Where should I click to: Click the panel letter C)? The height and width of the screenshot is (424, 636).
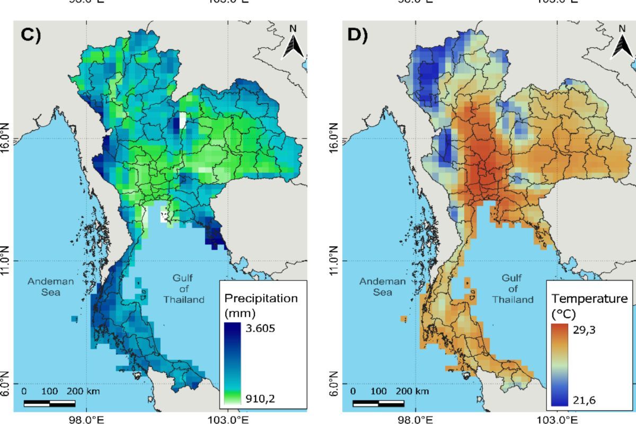click(x=30, y=35)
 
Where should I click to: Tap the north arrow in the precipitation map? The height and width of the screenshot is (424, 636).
click(x=293, y=42)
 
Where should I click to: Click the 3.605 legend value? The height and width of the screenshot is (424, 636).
click(x=261, y=328)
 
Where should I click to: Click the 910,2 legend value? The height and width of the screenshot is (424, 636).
click(x=261, y=399)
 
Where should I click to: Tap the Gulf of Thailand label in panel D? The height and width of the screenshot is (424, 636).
click(x=513, y=289)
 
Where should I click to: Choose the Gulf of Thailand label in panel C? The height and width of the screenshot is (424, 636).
click(x=184, y=289)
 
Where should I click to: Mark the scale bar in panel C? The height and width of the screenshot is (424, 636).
click(x=49, y=404)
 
